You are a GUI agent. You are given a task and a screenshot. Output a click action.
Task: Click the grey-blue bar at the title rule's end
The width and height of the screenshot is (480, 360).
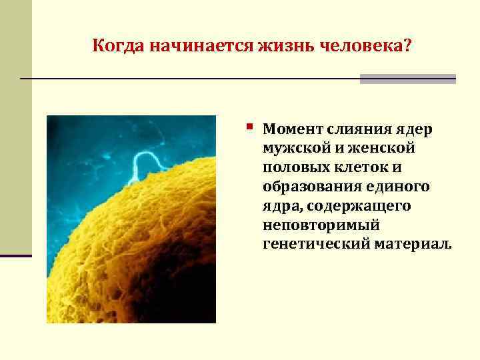(x=407, y=79)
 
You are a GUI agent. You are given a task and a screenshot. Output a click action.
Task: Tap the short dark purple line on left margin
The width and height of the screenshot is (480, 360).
(x=15, y=255)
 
